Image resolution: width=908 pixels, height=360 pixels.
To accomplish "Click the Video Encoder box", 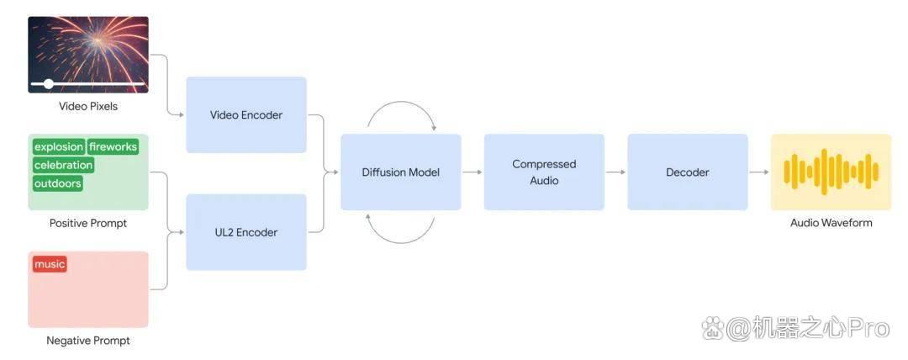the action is (246, 114).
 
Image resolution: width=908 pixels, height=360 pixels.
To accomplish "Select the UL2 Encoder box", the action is (246, 232).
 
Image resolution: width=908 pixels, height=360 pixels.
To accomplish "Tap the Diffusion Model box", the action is (401, 172).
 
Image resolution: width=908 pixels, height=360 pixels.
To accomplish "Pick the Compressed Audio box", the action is (544, 172).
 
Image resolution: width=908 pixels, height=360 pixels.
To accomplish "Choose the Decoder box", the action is (688, 172).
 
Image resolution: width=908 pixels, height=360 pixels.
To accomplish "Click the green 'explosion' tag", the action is (59, 146).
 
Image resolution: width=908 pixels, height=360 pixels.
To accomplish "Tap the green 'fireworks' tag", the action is (113, 146).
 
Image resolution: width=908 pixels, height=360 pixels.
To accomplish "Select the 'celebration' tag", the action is (63, 165).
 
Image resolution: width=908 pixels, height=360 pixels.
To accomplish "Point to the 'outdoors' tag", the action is (57, 183).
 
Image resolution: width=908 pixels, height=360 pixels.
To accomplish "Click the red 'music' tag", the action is (50, 264).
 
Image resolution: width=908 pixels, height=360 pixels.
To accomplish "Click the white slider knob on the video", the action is (49, 84).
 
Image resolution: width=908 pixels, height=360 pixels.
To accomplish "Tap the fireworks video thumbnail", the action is (88, 55).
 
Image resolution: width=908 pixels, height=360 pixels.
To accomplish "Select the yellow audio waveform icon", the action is (831, 172).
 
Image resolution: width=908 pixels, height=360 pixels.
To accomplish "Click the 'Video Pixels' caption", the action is (88, 107).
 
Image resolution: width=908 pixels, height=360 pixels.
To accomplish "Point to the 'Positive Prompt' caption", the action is (88, 223).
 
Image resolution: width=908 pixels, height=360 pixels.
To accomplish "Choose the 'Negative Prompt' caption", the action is (88, 341).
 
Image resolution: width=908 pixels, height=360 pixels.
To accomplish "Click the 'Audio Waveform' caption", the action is (831, 223).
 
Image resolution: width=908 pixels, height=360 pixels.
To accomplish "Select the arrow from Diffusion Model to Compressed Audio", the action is (472, 172).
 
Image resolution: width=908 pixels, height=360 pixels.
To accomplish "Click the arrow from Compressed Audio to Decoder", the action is (616, 172).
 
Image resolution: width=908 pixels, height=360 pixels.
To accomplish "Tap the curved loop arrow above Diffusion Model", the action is (401, 102).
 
